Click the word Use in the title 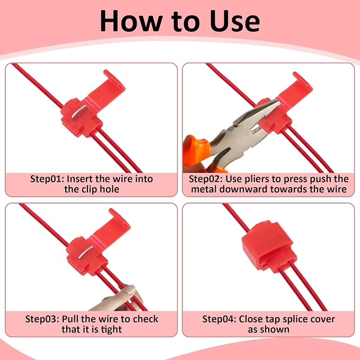click(x=235, y=21)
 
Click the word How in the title click(x=130, y=21)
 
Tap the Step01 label click(x=47, y=179)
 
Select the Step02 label click(x=206, y=179)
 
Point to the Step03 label click(x=42, y=319)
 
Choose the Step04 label click(x=219, y=319)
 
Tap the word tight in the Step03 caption click(x=111, y=330)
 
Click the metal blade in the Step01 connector click(x=79, y=111)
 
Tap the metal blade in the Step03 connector click(x=86, y=252)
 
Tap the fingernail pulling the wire click(x=130, y=289)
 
